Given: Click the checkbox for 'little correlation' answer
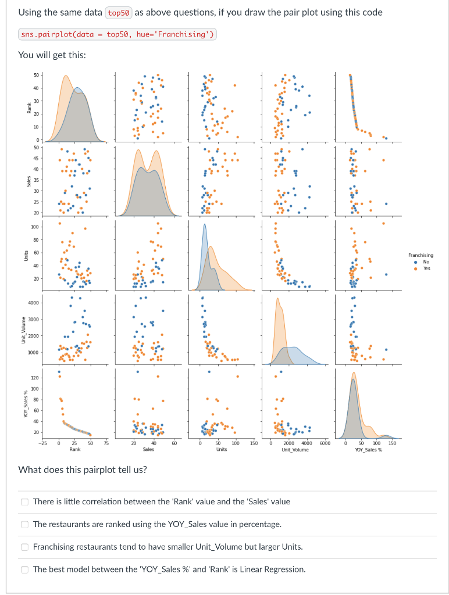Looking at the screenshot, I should coord(24,501).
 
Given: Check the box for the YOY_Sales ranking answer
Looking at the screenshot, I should coord(24,524).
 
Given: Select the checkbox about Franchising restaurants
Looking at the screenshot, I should coord(24,547).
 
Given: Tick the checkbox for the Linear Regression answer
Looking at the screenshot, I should coord(24,569).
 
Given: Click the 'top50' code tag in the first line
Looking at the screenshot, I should coord(118,13).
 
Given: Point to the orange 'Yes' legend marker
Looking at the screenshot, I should coord(414,268).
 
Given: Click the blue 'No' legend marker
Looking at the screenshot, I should coord(414,262).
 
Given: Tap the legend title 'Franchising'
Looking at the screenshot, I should coord(420,255).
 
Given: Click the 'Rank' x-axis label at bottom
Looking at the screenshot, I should coord(75,449).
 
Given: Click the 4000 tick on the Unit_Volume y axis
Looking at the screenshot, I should coord(33,303).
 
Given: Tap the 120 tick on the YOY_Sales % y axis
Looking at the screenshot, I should coord(34,378).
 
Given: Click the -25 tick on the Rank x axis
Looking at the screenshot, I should coord(43,443).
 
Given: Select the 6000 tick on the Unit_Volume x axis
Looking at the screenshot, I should coord(325,443).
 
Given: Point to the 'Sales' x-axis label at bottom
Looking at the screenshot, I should coord(148,449).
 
